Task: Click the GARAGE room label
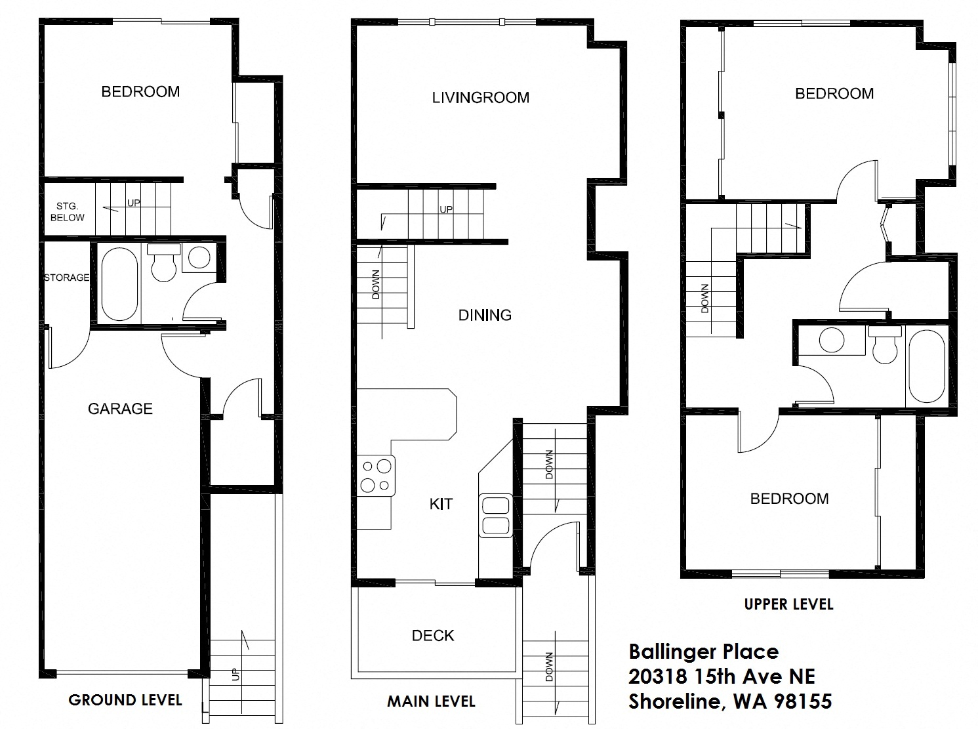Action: (120, 409)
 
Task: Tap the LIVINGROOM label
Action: (480, 98)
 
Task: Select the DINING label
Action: (485, 315)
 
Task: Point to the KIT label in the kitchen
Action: (441, 504)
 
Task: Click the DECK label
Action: (433, 635)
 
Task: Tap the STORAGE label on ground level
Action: (66, 278)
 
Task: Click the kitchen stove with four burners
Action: (377, 476)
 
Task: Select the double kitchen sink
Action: (495, 515)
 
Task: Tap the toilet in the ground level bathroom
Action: (163, 263)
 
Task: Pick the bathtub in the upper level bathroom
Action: (926, 366)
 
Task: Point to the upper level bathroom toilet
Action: (885, 346)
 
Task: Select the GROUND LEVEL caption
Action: (125, 700)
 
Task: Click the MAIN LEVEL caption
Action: (431, 701)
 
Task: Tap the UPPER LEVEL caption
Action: (788, 604)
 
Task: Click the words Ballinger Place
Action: (704, 652)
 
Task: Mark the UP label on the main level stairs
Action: (446, 210)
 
